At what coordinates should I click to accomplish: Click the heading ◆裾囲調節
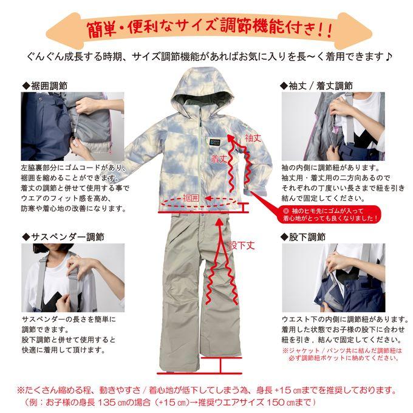(x=45, y=86)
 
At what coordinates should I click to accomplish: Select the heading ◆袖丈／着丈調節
(x=316, y=86)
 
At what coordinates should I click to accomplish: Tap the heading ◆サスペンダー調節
(x=63, y=237)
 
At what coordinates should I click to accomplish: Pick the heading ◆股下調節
(x=303, y=237)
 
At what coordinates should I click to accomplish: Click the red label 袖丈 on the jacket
(x=253, y=138)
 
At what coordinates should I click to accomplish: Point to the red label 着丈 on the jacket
(x=219, y=159)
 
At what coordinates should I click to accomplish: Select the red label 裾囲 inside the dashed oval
(x=191, y=198)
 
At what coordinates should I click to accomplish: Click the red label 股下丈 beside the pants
(x=242, y=245)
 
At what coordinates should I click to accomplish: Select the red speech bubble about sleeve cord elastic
(x=329, y=214)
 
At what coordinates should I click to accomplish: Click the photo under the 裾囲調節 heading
(x=72, y=126)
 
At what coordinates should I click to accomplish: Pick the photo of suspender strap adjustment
(x=73, y=278)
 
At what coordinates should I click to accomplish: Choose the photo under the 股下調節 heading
(x=333, y=278)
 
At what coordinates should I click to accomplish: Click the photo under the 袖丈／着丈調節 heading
(x=333, y=126)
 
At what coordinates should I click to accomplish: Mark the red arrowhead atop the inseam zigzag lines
(x=219, y=222)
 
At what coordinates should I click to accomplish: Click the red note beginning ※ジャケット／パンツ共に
(x=343, y=354)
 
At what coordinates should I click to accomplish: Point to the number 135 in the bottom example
(x=107, y=402)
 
